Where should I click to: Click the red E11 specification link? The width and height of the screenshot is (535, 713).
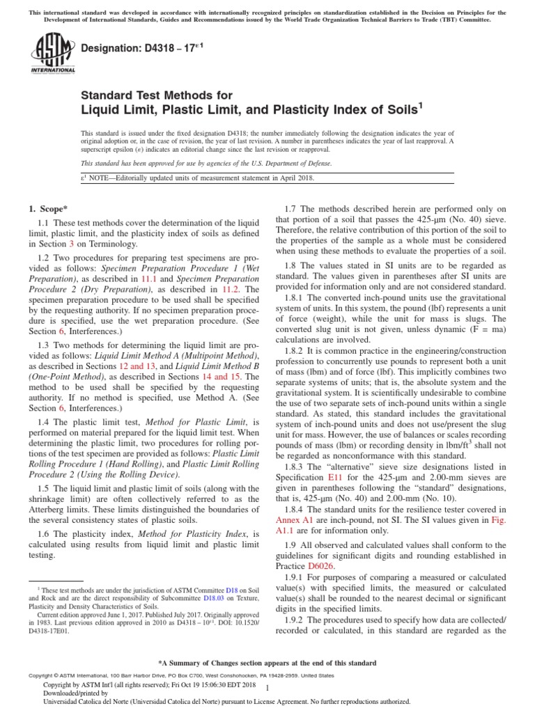[x=335, y=479]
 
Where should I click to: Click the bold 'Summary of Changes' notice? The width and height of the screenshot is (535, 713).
[x=267, y=663]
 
